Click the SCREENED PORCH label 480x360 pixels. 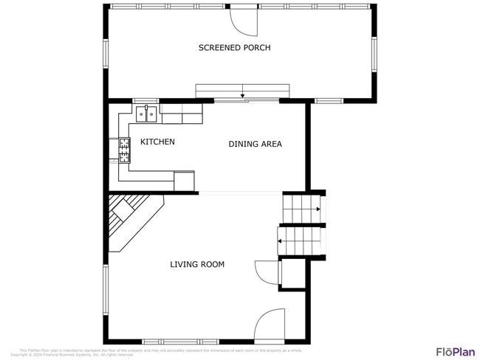(x=234, y=48)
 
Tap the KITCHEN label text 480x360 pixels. (x=157, y=142)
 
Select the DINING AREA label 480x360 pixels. (x=255, y=144)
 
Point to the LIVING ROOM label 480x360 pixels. (x=197, y=264)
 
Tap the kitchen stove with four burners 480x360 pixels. (x=124, y=150)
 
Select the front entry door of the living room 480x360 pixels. (x=269, y=325)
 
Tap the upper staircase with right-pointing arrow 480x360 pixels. (x=303, y=209)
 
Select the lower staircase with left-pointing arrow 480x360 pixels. (x=299, y=240)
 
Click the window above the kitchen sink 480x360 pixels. (x=145, y=100)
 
